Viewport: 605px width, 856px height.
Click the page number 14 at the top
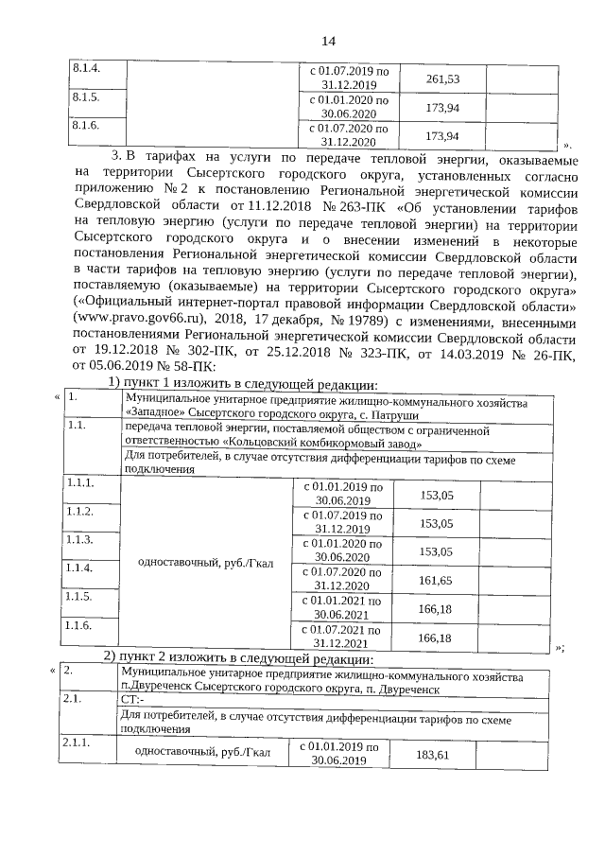(x=328, y=40)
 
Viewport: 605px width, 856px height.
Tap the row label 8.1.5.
(x=86, y=97)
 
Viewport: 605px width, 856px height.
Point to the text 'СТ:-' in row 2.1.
(x=133, y=699)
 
